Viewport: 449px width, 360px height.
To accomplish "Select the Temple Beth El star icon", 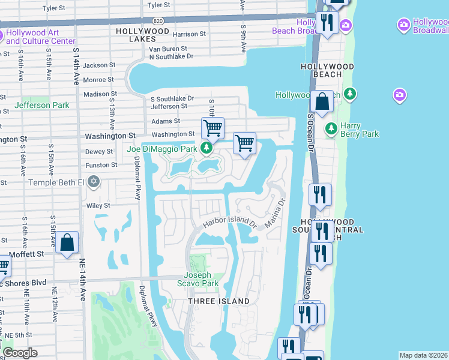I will tap(93, 181).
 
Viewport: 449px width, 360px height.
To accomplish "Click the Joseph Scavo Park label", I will tap(197, 280).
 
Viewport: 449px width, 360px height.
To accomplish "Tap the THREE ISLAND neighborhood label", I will tap(218, 301).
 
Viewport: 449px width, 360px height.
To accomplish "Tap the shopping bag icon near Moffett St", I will tap(68, 243).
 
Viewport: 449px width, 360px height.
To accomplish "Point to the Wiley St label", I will tap(98, 205).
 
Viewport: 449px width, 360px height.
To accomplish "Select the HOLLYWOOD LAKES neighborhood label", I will tap(143, 34).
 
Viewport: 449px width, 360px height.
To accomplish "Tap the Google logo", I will tap(19, 353).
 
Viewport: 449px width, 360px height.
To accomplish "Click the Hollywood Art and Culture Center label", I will tap(40, 37).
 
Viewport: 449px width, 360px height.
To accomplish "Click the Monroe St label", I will tap(98, 79).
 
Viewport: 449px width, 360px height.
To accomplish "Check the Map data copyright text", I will tap(423, 355).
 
